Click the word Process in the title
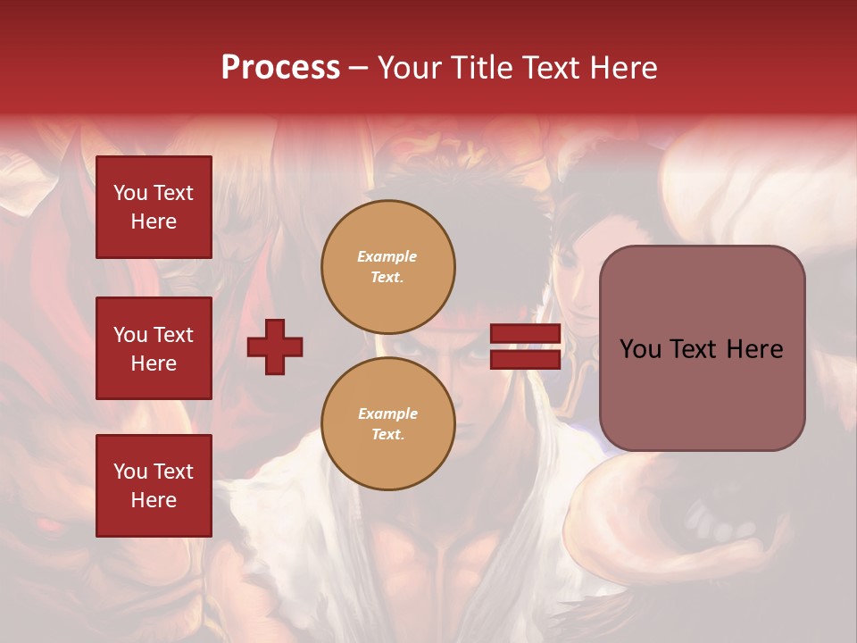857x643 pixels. (x=280, y=68)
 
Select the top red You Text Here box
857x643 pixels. (x=154, y=207)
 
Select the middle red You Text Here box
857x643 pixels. (x=154, y=348)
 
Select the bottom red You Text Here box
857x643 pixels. (x=154, y=486)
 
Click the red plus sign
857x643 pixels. (x=275, y=347)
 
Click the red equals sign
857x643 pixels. (x=525, y=347)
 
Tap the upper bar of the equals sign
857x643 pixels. (x=525, y=334)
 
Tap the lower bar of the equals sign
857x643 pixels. (x=525, y=359)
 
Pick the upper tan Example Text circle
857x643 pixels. (x=388, y=266)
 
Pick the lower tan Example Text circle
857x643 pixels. (x=388, y=423)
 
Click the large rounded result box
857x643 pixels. (x=702, y=348)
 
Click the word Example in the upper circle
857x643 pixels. (x=387, y=256)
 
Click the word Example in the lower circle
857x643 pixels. (x=387, y=413)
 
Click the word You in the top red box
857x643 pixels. (x=129, y=193)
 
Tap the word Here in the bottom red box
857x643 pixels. (x=154, y=500)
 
